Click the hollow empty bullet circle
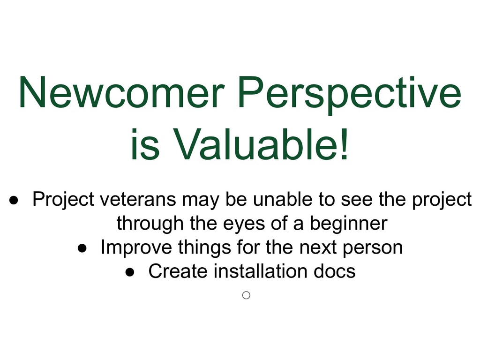[x=246, y=295]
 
